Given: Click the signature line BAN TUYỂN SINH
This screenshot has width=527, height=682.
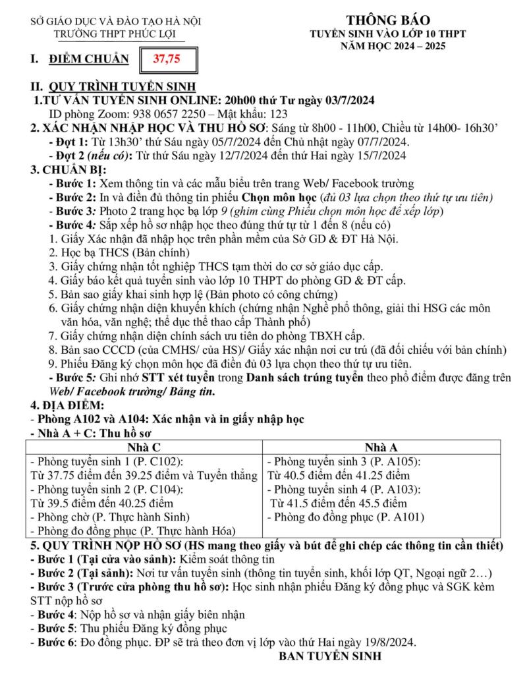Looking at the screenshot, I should point(330,657).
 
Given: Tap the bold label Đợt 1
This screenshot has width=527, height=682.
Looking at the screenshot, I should point(70,142).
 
